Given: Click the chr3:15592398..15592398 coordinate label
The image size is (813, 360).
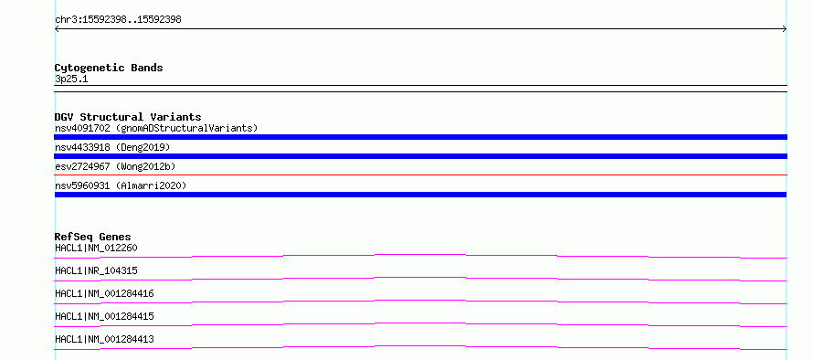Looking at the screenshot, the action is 118,20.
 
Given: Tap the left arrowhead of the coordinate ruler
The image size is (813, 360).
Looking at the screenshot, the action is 57,29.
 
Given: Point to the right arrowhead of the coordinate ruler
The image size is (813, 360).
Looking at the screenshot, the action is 785,29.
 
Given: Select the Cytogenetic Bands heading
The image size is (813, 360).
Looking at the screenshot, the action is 109,68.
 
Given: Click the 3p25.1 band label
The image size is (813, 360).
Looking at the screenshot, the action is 71,79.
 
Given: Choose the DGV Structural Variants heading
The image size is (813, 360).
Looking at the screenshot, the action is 128,117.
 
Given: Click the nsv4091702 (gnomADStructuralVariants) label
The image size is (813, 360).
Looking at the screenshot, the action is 156,128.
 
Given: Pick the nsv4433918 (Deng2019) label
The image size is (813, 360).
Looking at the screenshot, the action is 112,147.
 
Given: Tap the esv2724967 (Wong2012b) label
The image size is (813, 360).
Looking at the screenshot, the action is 115,166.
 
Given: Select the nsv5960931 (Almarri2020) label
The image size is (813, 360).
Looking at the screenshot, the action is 121,185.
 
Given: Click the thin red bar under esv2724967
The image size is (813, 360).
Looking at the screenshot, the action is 420,175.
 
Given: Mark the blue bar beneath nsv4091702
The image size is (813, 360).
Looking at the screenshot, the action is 420,137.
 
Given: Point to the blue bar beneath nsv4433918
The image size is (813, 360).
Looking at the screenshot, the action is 420,156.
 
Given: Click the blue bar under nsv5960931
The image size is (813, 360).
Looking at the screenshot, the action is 420,195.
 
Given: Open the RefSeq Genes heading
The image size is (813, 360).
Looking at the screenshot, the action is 93,237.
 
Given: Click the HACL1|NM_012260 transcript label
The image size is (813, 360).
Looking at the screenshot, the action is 96,248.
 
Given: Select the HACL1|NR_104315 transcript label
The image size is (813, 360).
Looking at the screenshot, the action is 96,270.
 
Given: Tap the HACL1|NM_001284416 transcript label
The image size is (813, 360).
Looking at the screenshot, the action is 104,293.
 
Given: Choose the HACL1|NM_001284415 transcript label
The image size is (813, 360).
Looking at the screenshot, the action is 104,316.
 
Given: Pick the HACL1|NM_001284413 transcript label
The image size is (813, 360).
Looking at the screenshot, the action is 104,339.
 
